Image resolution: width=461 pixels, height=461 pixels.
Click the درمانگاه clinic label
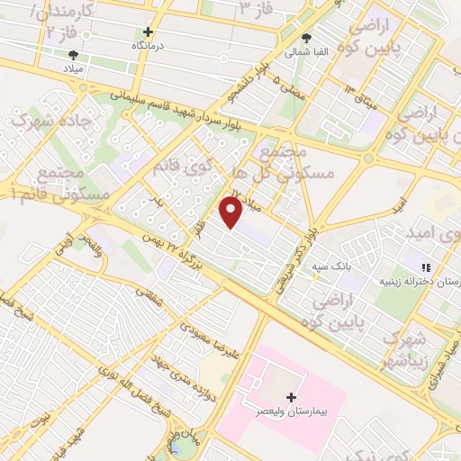coord(150,45)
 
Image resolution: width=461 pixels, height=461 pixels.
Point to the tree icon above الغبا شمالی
coord(307,40)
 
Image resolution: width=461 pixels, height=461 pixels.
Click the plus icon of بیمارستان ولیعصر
coord(290,397)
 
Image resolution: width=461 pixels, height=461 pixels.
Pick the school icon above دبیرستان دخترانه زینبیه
coord(426,267)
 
